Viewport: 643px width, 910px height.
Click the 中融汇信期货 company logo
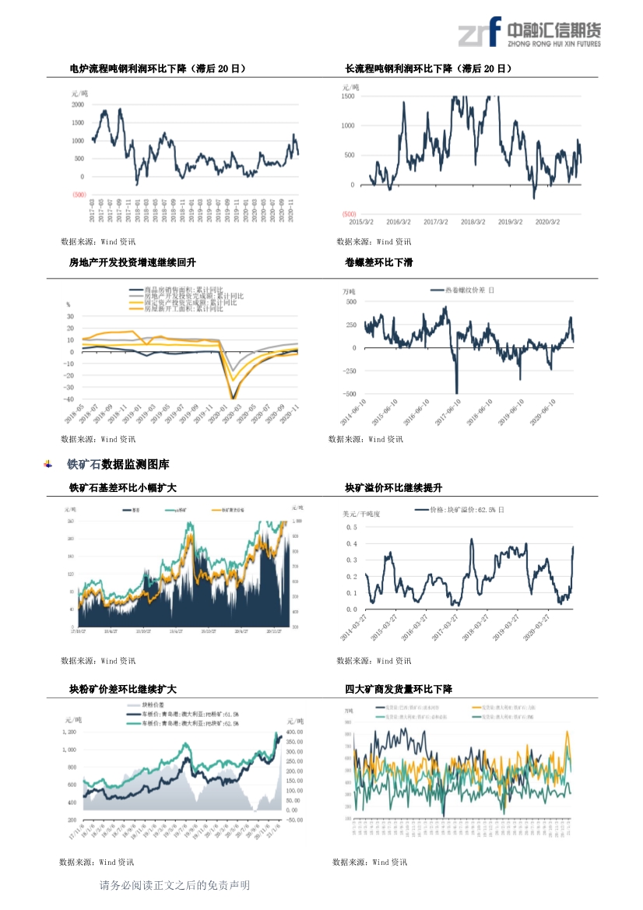point(529,33)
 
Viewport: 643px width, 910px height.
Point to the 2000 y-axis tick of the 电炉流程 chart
point(78,104)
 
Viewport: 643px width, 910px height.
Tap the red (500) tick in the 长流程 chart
point(349,214)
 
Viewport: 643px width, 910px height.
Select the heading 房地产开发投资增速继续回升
point(132,262)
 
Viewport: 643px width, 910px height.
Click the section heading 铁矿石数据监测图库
point(118,465)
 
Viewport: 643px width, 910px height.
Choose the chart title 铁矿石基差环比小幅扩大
point(123,488)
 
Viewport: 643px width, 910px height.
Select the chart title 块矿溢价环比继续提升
point(393,488)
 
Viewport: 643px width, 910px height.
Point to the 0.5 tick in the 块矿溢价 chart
point(351,527)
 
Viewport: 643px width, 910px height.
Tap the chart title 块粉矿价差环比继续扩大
point(123,690)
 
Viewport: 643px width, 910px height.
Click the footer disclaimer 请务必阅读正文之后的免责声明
point(174,885)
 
